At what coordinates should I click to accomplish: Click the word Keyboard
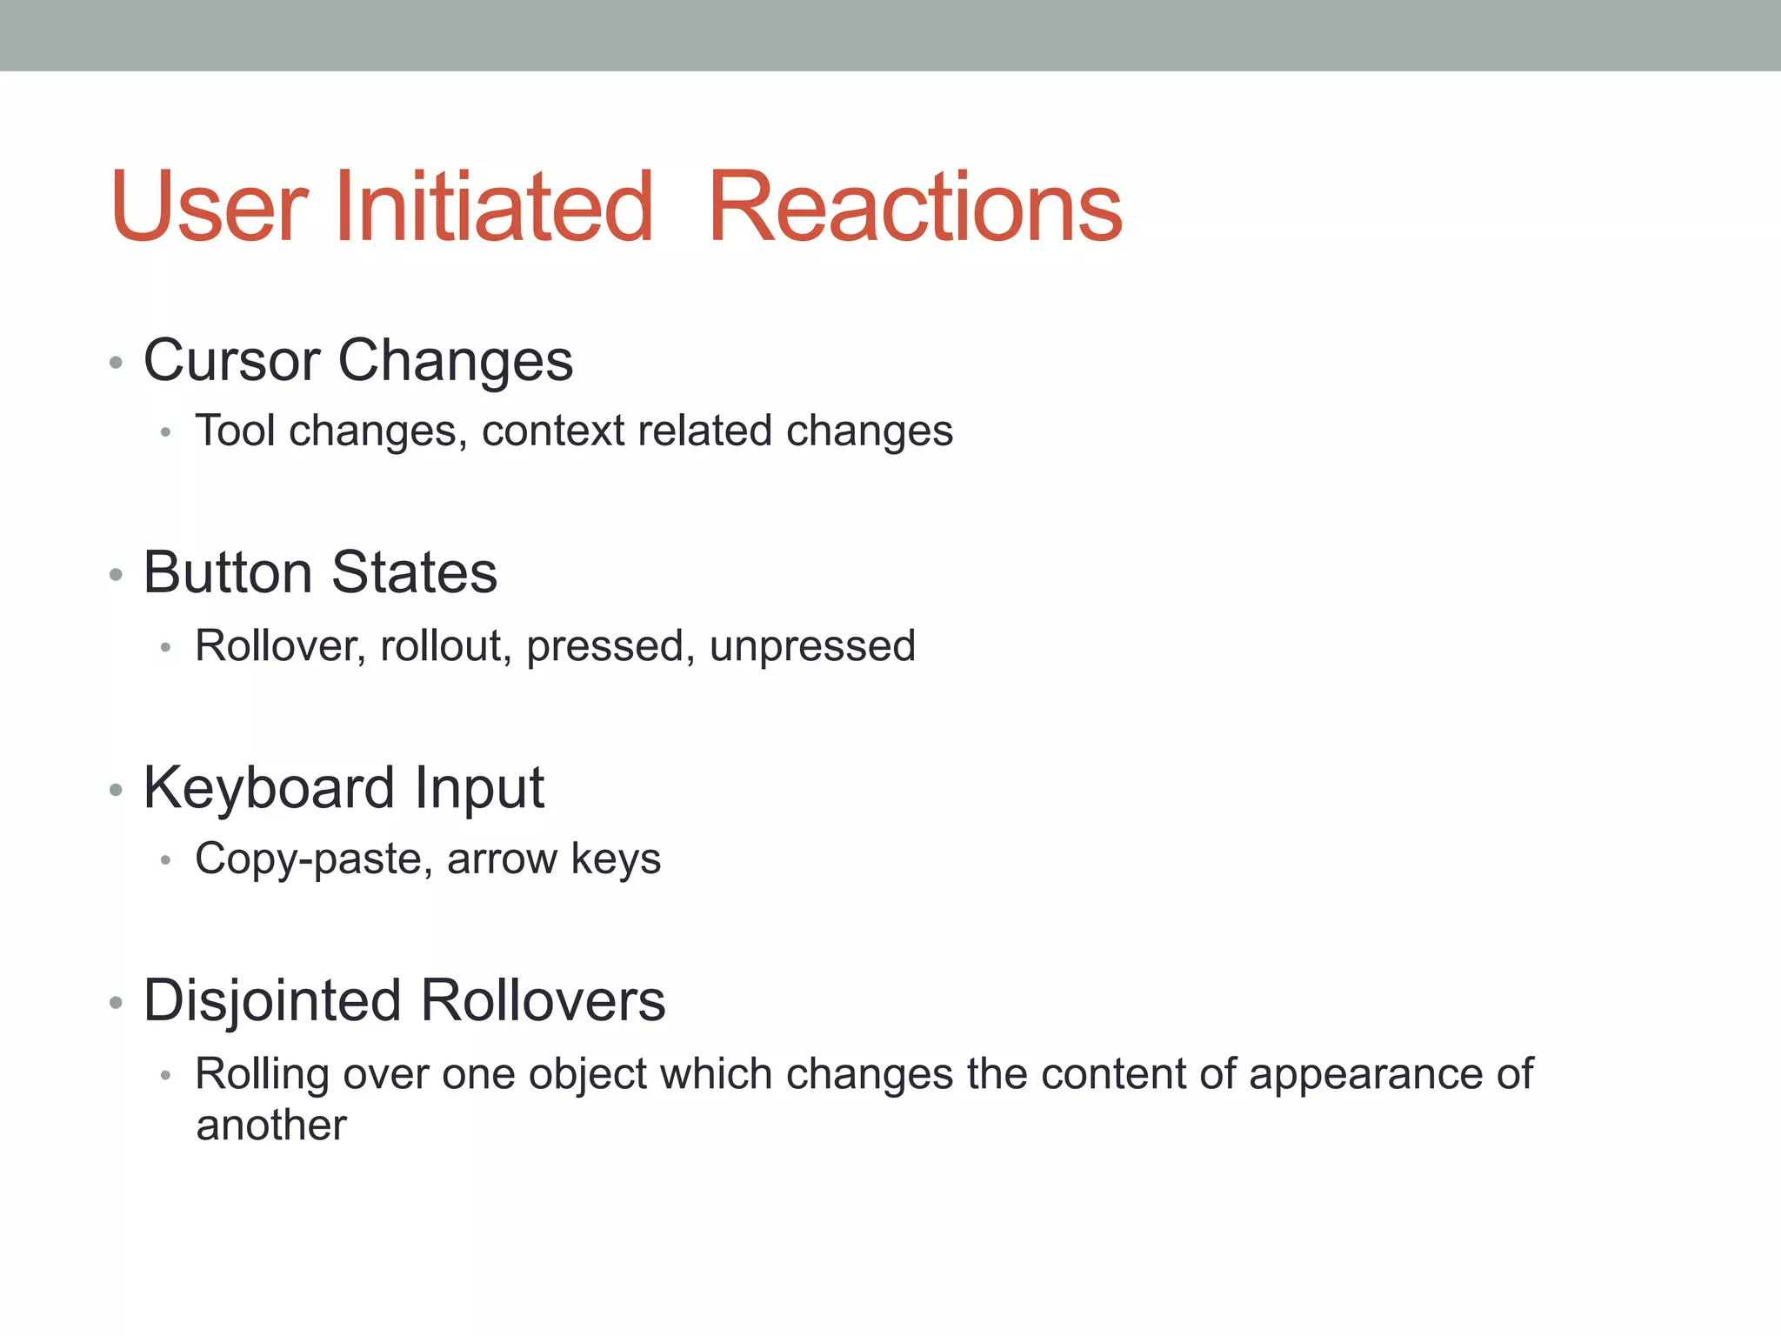269,788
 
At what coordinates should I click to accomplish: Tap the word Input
479,788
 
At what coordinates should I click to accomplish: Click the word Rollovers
543,1000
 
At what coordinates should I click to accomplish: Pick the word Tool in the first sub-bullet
236,431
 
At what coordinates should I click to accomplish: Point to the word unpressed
812,645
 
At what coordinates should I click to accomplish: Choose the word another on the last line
271,1126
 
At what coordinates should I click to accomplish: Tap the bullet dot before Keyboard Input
116,789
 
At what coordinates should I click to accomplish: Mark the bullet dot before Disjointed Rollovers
116,1002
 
